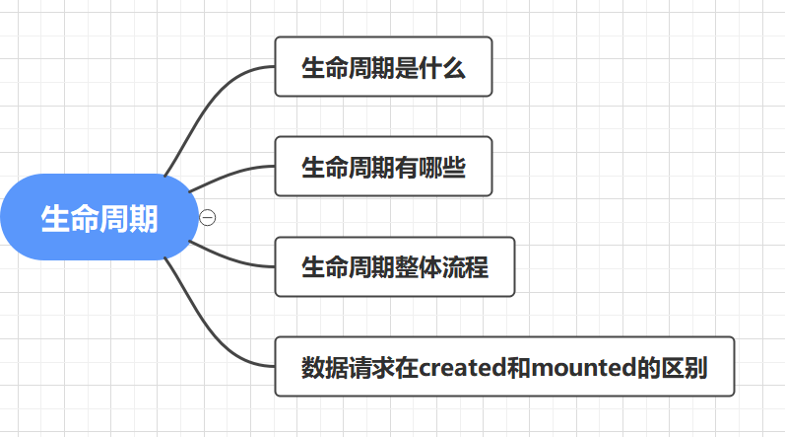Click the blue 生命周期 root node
coord(98,218)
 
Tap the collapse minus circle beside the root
coord(207,218)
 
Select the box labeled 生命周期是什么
coord(383,67)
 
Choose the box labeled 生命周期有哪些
coord(383,167)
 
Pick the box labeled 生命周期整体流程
coord(395,266)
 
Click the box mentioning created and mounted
coord(504,367)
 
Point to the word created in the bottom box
coord(458,368)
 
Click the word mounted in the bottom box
coord(580,368)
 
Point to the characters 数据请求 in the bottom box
coord(348,368)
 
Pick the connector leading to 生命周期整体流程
coord(231,259)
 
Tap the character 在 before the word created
coord(407,368)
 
